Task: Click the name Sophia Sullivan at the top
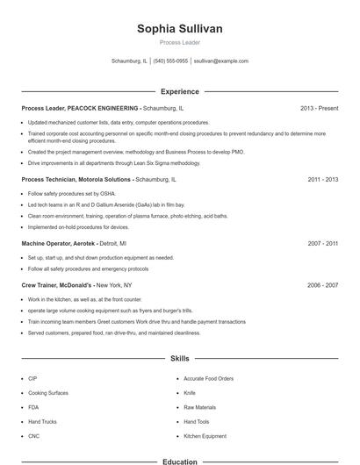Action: coord(179,29)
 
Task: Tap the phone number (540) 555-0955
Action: coord(170,61)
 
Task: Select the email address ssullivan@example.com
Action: coord(220,61)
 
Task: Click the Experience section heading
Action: coord(179,91)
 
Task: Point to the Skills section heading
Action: coord(179,359)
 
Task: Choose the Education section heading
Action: coord(179,461)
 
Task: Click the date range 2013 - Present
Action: coord(319,108)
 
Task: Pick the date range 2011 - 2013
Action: coord(322,179)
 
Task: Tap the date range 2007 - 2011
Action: coord(322,243)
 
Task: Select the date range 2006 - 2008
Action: coord(322,285)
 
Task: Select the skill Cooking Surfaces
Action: coord(48,393)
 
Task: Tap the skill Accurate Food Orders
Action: coord(208,378)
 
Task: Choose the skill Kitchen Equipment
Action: coord(205,436)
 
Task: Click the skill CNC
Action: coord(33,436)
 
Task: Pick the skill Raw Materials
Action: coord(199,407)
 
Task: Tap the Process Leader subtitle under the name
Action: coord(179,42)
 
